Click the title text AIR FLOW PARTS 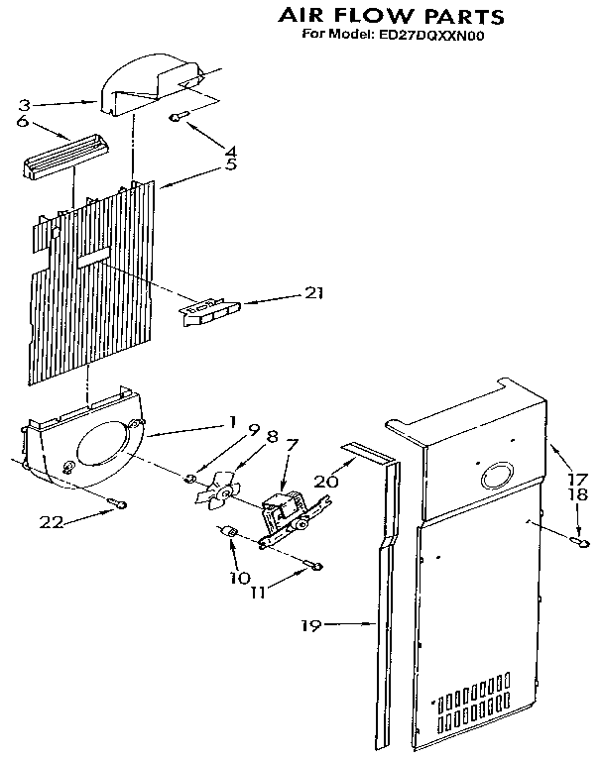coord(376,16)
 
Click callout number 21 coord(313,293)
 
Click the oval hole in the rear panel coord(493,479)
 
